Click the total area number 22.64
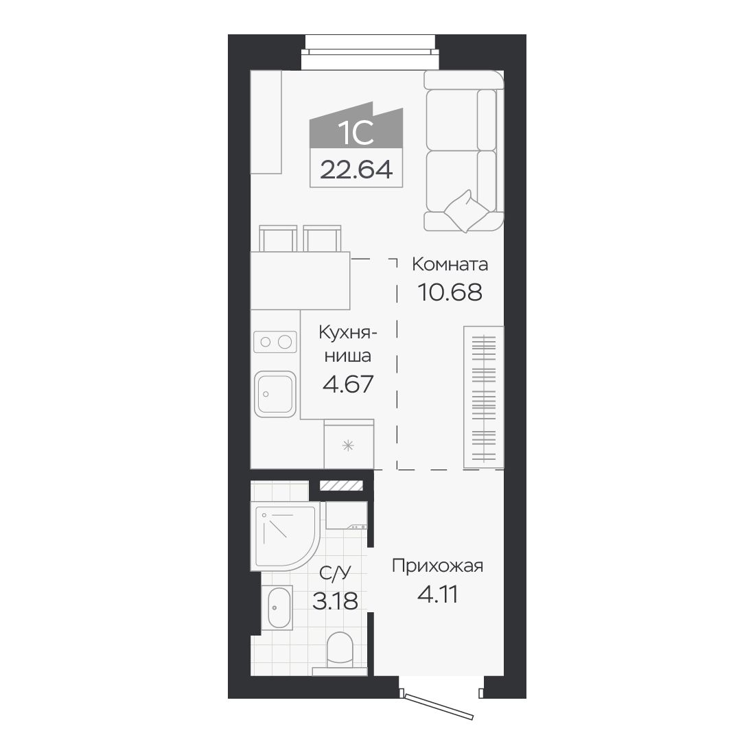pos(356,169)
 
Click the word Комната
pos(450,264)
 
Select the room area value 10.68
pos(450,292)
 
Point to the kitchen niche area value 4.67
pos(348,384)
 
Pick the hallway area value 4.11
pos(437,594)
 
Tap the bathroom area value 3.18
pos(335,601)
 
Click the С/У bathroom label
pos(335,573)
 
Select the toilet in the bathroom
pos(340,653)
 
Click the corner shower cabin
pos(285,535)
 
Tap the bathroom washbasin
pos(277,607)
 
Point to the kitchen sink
pos(275,393)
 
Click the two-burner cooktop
pos(275,342)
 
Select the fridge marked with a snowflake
pos(349,444)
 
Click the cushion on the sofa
pos(466,211)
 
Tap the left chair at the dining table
pos(278,238)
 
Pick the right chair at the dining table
pos(322,238)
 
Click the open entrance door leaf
pos(439,706)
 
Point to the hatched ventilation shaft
pos(341,486)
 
